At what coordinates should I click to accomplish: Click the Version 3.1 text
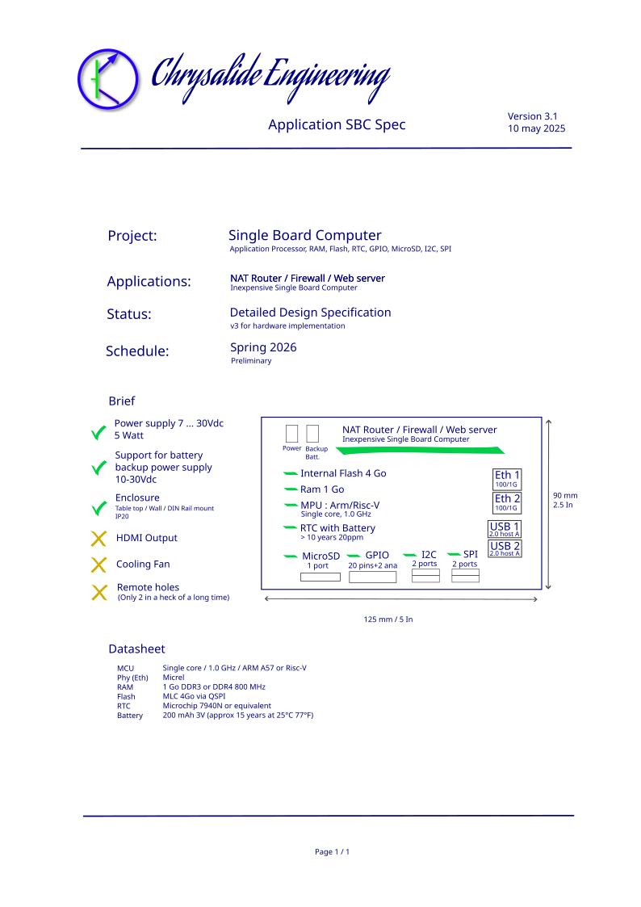[532, 116]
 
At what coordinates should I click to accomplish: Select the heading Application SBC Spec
[337, 124]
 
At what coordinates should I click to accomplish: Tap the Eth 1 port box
[507, 479]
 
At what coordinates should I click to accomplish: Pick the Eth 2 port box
[507, 502]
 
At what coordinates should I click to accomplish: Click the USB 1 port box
[505, 529]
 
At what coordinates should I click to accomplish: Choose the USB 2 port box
[505, 548]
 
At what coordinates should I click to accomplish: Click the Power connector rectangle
[292, 433]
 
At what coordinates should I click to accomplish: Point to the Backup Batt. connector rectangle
[312, 433]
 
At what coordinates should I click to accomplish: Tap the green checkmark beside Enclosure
[99, 508]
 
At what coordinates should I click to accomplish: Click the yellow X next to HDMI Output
[98, 539]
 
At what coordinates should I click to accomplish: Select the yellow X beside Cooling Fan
[98, 565]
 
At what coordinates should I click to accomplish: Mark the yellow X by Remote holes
[99, 592]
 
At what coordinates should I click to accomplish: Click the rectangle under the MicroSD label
[320, 577]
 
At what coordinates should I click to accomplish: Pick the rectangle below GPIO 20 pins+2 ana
[373, 577]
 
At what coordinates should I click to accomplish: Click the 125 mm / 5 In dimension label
[388, 619]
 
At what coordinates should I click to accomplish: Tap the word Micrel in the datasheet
[174, 678]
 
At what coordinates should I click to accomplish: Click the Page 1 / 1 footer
[333, 851]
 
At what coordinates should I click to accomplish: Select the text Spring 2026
[263, 347]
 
